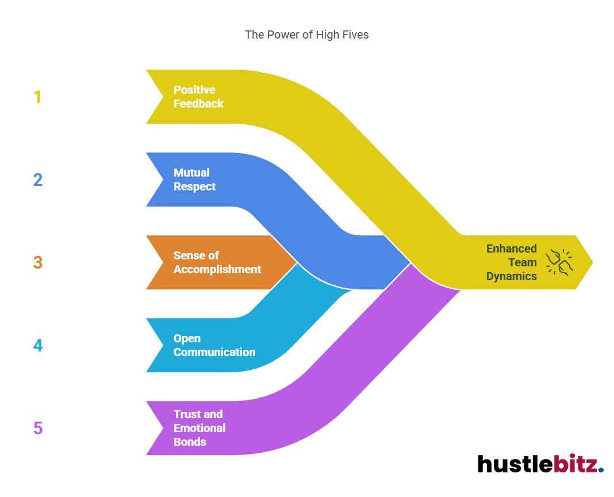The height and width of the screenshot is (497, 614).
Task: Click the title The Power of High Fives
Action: coord(306,35)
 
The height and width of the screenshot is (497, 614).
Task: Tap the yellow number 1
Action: coord(37,97)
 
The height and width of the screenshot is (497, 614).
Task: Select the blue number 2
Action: coord(37,180)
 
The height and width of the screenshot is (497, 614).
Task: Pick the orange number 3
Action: coord(37,263)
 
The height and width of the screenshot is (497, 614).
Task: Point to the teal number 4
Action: coord(37,346)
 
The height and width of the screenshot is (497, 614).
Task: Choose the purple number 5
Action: coord(37,429)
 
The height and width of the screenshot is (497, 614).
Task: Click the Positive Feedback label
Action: coord(198,97)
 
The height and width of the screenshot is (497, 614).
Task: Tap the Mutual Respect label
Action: coord(194,179)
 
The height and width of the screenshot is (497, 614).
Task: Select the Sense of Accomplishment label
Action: coord(217,262)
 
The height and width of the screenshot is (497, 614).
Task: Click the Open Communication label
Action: coord(214,345)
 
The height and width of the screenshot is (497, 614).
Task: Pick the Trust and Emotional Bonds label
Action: coord(199,428)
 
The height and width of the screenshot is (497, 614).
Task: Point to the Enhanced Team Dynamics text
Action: coord(511,262)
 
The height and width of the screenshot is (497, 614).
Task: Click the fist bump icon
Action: coord(558,262)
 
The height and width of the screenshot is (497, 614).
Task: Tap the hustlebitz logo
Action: coord(540,464)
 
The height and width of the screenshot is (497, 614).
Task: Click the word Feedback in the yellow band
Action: coord(198,104)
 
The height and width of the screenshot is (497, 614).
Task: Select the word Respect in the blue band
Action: coord(194,186)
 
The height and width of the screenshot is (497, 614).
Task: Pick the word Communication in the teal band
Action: coord(214,352)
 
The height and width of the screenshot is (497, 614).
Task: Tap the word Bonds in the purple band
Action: coord(190,442)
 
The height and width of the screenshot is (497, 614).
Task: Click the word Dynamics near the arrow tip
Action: coord(511,276)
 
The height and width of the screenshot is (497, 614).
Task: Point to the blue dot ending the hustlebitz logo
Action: coord(601,470)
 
